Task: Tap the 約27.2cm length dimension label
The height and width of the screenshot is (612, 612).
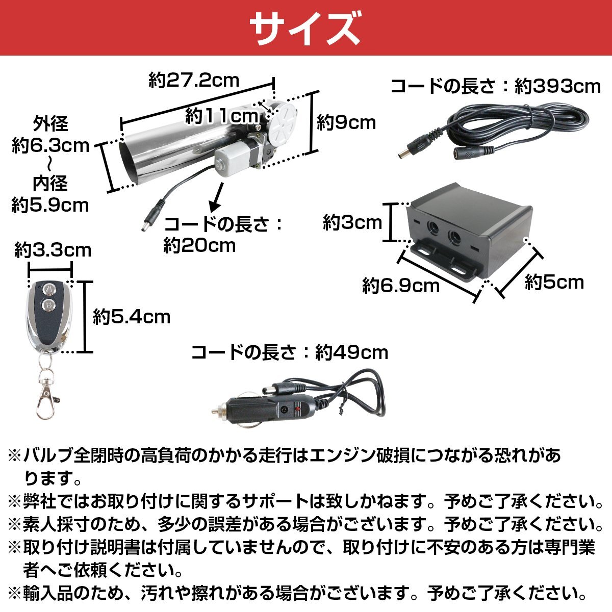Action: pyautogui.click(x=194, y=80)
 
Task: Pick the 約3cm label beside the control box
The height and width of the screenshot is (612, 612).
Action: pyautogui.click(x=352, y=222)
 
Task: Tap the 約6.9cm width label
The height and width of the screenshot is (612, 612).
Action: pyautogui.click(x=401, y=285)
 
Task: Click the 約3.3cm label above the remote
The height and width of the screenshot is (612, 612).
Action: pyautogui.click(x=53, y=250)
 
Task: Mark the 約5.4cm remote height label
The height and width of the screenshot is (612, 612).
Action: pyautogui.click(x=132, y=317)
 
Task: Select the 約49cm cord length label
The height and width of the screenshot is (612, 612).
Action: pyautogui.click(x=351, y=352)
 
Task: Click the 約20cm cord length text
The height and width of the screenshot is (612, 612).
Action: pyautogui.click(x=199, y=246)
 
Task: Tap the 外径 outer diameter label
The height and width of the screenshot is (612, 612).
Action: pyautogui.click(x=50, y=124)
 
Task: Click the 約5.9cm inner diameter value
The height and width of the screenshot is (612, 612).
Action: pyautogui.click(x=50, y=205)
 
